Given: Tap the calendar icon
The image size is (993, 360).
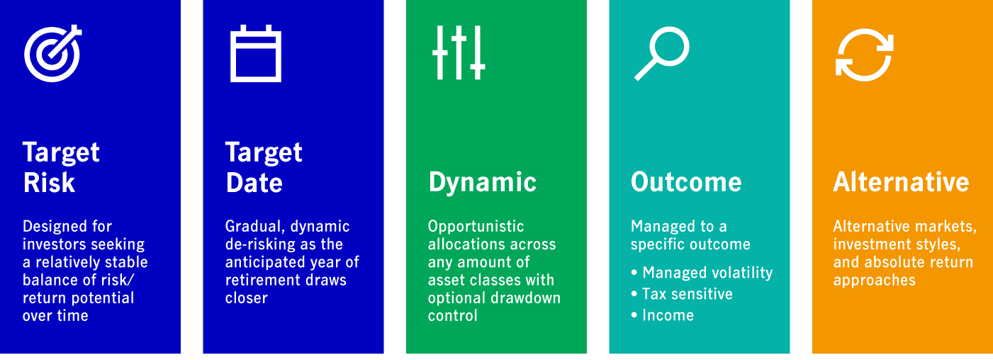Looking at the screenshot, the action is pyautogui.click(x=256, y=54).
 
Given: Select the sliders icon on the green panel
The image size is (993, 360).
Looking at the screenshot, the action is pyautogui.click(x=459, y=52).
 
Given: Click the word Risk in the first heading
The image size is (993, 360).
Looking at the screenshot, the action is pyautogui.click(x=49, y=183).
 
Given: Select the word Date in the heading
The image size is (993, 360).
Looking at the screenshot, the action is pyautogui.click(x=254, y=183).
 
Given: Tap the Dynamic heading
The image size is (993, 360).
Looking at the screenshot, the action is pyautogui.click(x=482, y=183).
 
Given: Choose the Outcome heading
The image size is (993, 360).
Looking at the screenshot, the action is pyautogui.click(x=686, y=182).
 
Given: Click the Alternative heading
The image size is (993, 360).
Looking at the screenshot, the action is pyautogui.click(x=902, y=182).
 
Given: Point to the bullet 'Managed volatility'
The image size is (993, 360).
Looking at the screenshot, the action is pyautogui.click(x=702, y=273).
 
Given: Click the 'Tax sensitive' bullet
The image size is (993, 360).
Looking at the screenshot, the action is pyautogui.click(x=682, y=294).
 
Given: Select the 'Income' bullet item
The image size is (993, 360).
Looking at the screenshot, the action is pyautogui.click(x=662, y=315).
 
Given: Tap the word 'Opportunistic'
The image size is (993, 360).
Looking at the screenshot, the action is pyautogui.click(x=476, y=227).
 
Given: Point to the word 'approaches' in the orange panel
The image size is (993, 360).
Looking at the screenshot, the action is pyautogui.click(x=874, y=281).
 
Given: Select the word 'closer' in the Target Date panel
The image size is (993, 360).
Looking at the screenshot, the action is pyautogui.click(x=246, y=298).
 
